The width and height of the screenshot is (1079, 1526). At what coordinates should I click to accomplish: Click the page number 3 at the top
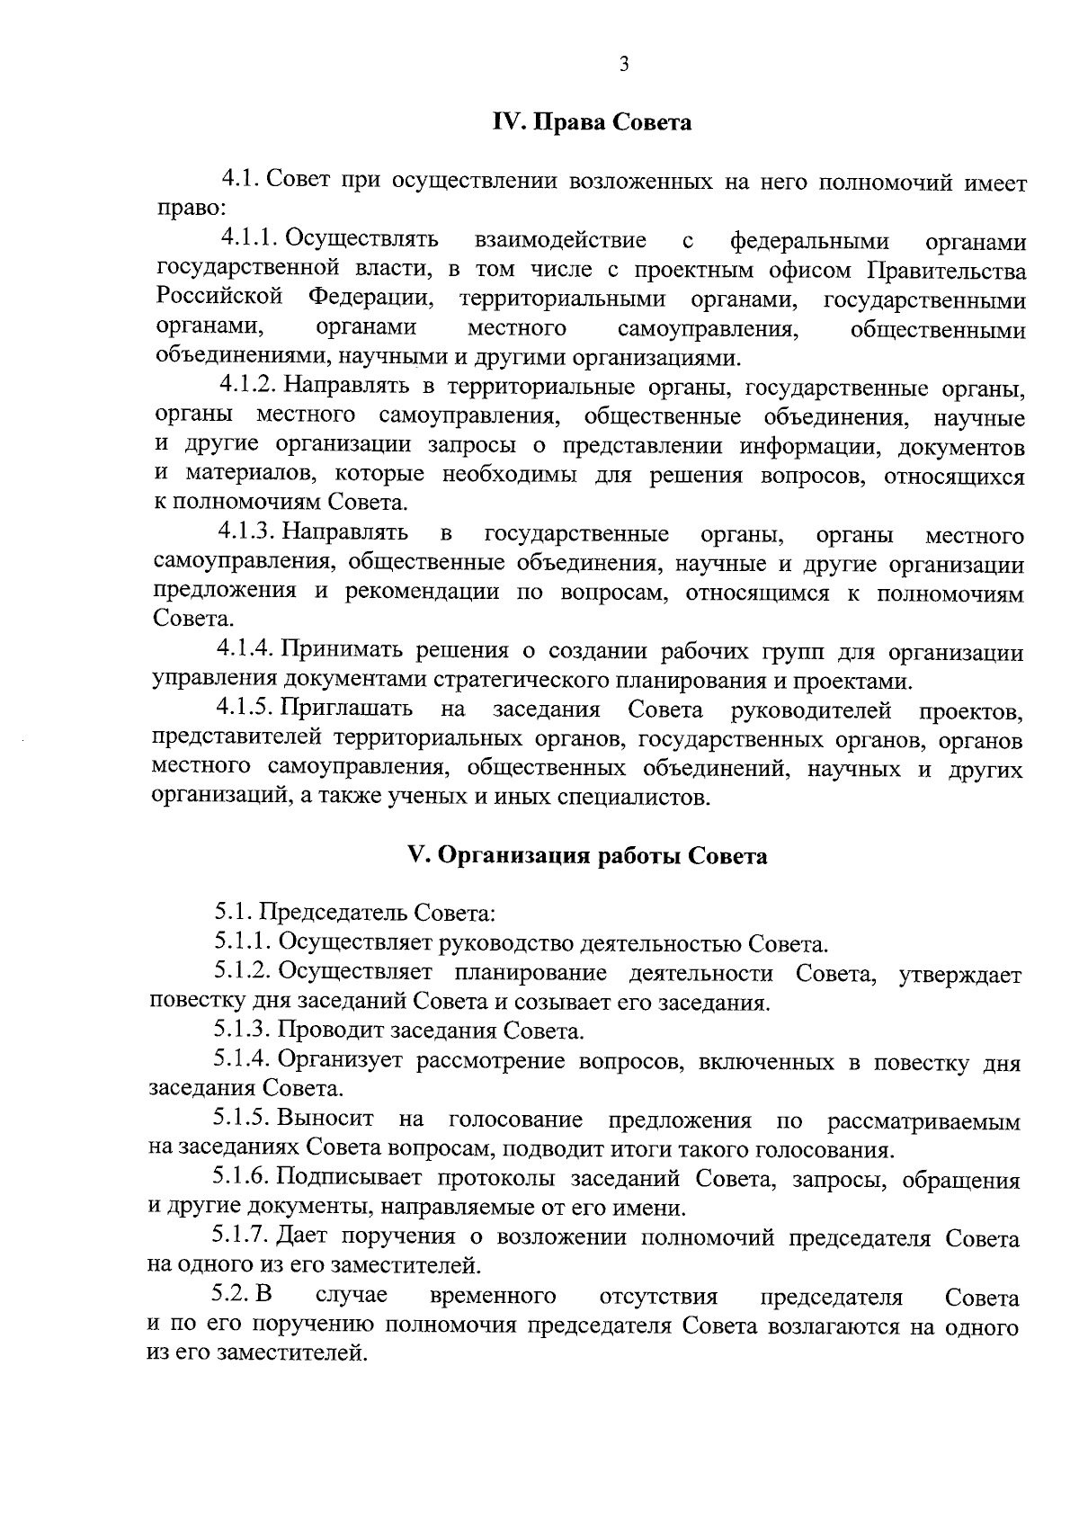623,64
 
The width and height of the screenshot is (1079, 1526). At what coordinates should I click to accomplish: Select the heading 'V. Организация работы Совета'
588,856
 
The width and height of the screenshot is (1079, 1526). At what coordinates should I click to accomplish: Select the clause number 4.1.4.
245,650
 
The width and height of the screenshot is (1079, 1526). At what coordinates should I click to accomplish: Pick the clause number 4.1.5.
245,709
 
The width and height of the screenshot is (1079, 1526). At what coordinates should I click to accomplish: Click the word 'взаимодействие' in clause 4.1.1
559,241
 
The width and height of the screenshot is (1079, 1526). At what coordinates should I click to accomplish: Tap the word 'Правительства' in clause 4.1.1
947,270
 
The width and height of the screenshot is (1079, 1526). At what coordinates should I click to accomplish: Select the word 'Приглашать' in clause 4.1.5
347,709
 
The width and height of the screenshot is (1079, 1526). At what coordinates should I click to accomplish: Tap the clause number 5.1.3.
242,1031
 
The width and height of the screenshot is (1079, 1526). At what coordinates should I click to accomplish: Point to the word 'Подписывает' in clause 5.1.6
345,1179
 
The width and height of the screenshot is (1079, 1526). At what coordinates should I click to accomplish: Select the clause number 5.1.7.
240,1238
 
